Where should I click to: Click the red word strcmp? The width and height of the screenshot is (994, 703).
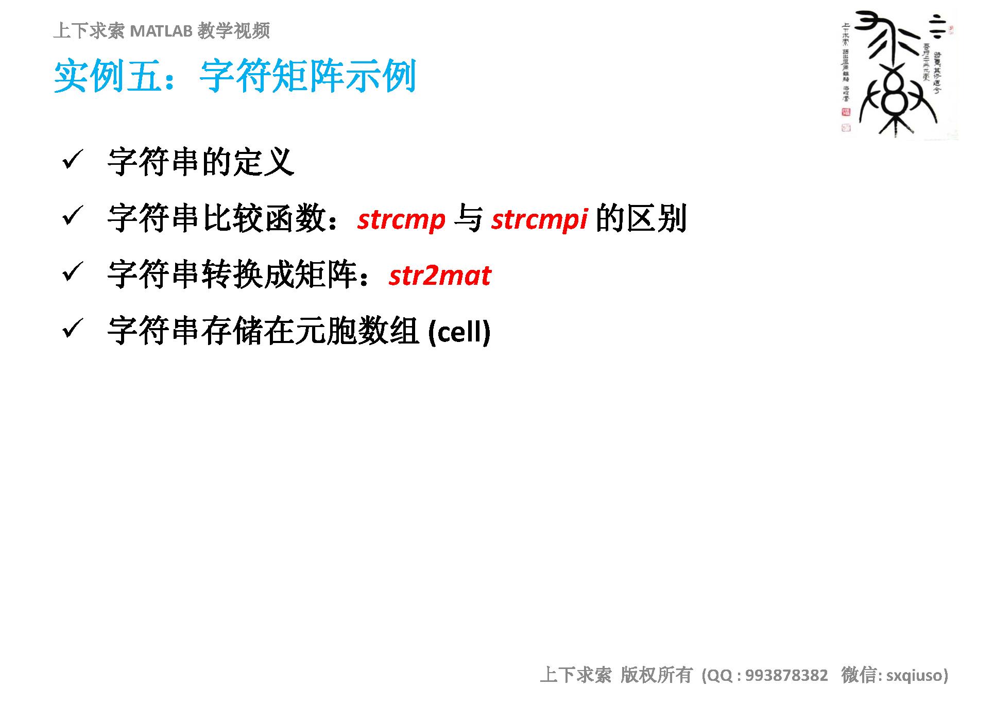pyautogui.click(x=401, y=220)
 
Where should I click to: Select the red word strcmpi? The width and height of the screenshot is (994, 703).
pyautogui.click(x=539, y=220)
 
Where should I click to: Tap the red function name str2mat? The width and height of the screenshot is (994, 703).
pyautogui.click(x=440, y=276)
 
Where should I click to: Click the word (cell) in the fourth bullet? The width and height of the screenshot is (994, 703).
pyautogui.click(x=459, y=332)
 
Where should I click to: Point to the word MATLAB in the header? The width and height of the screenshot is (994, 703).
pyautogui.click(x=161, y=31)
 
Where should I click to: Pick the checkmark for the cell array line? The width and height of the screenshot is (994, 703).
pyautogui.click(x=73, y=328)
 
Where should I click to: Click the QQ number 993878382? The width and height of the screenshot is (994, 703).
pyautogui.click(x=786, y=675)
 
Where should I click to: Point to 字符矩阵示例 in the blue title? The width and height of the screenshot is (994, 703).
pyautogui.click(x=307, y=77)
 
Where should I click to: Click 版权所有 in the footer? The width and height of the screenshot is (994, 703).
pyautogui.click(x=656, y=675)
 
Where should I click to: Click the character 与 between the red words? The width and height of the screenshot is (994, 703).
pyautogui.click(x=468, y=219)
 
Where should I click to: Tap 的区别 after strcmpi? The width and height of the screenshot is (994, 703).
pyautogui.click(x=641, y=219)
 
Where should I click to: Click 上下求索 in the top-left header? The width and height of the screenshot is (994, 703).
pyautogui.click(x=89, y=31)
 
